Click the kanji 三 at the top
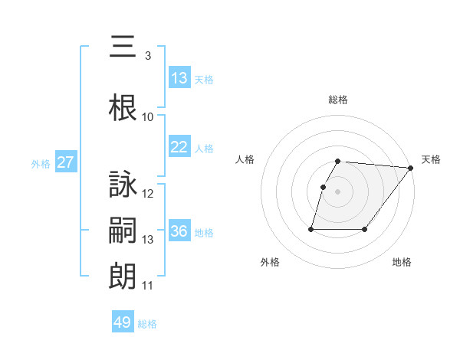click(x=123, y=47)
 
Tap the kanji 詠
click(x=123, y=185)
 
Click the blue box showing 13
click(x=179, y=78)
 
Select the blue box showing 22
click(x=179, y=147)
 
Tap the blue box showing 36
click(x=179, y=231)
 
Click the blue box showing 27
click(x=66, y=162)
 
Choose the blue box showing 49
click(x=123, y=322)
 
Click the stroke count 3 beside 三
click(x=147, y=56)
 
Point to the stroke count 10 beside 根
click(x=148, y=117)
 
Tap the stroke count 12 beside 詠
click(x=148, y=194)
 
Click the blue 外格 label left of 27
click(x=41, y=163)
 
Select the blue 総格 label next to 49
click(x=147, y=323)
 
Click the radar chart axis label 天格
click(x=431, y=159)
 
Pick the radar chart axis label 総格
click(x=338, y=100)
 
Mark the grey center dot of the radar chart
click(x=338, y=191)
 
